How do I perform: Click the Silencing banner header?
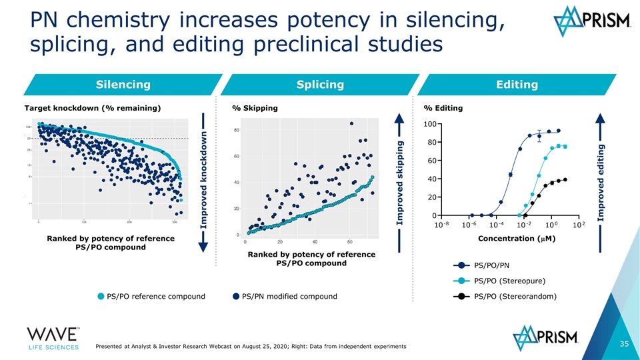(x=123, y=84)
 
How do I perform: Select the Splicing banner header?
(x=321, y=84)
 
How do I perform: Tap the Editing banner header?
(x=517, y=84)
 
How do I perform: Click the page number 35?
(x=624, y=344)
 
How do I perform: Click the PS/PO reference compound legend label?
(x=155, y=296)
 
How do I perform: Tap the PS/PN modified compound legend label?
(x=289, y=296)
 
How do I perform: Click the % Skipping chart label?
(x=255, y=109)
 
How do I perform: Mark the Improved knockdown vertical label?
(x=205, y=181)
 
